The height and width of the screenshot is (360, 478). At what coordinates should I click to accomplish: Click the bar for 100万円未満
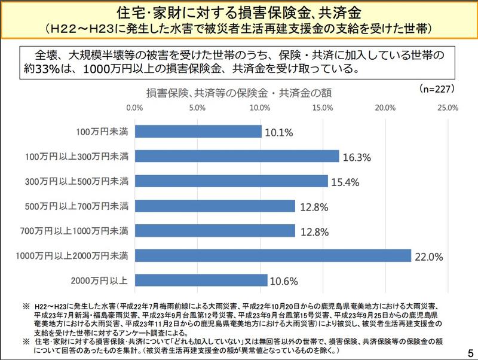(198, 132)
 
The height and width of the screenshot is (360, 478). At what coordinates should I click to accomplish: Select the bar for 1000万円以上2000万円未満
(273, 256)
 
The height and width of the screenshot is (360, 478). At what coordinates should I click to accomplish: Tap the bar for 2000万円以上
(201, 280)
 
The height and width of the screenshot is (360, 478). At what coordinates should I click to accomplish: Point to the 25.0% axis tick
(448, 108)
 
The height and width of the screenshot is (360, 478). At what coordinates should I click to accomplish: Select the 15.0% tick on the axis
(322, 108)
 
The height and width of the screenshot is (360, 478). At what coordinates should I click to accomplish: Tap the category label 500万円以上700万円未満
(84, 206)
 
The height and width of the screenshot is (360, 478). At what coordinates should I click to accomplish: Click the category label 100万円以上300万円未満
(84, 156)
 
